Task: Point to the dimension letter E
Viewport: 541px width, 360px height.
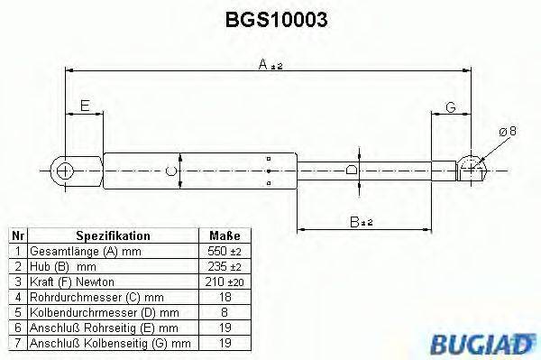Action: point(84,107)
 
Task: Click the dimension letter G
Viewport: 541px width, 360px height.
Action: point(450,108)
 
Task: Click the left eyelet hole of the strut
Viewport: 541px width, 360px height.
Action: point(64,170)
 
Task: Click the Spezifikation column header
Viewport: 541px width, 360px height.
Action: point(112,235)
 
